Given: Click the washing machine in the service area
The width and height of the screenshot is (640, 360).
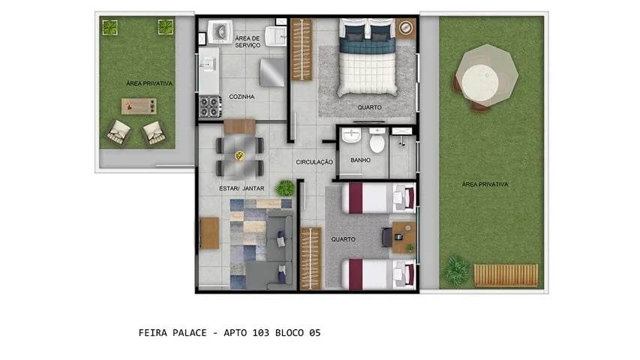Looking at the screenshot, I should [221, 31].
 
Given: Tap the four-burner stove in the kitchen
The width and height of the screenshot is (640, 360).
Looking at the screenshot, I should [209, 104].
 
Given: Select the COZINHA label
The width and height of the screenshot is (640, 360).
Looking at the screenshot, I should [241, 97].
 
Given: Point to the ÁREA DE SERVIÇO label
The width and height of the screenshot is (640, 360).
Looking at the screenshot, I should [248, 41].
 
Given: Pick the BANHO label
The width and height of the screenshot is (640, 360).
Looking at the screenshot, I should [360, 160].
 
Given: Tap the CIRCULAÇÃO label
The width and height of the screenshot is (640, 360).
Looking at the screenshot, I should [314, 162].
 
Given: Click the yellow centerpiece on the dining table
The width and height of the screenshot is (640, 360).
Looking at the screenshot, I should [240, 155].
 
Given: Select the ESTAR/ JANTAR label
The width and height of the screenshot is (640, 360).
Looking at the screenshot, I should [241, 188].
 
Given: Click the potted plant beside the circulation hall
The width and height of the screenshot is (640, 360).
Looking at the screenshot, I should [285, 187].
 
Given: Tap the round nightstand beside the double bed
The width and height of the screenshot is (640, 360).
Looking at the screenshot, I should [406, 28].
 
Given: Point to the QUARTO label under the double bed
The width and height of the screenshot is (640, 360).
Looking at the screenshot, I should [369, 107].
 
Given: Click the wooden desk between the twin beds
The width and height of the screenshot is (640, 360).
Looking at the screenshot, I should [404, 236].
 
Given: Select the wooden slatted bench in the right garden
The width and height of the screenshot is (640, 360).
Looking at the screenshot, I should [506, 275].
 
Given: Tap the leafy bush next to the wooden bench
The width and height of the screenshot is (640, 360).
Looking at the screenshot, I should [455, 270].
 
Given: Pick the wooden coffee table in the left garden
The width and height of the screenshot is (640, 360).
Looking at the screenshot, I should [140, 106].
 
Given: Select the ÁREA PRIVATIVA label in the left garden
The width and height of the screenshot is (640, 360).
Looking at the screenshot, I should [150, 84].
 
